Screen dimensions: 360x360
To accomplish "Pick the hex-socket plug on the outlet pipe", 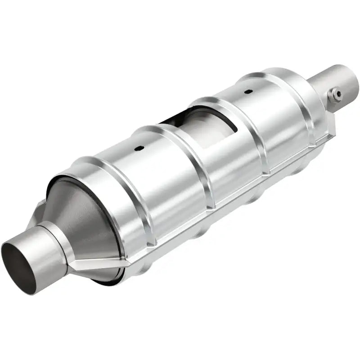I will point(334,95).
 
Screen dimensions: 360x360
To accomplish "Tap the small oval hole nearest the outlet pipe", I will point(247,92).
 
